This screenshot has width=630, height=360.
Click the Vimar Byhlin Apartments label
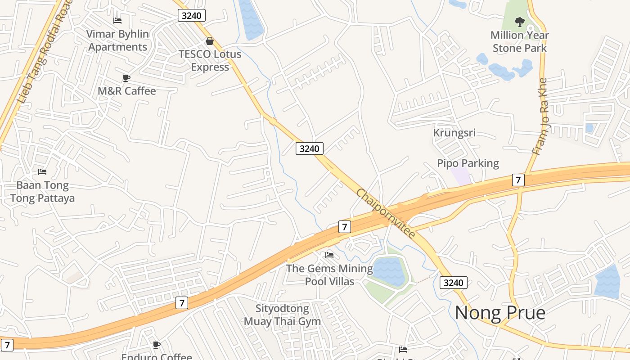[x=118, y=40]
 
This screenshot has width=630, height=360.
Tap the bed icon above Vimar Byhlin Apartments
[x=117, y=21]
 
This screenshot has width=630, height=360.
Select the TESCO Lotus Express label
[x=210, y=60]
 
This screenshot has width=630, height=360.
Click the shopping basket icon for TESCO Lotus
[x=210, y=41]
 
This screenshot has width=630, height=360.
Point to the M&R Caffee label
[x=127, y=91]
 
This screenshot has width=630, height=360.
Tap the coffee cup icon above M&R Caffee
[x=126, y=78]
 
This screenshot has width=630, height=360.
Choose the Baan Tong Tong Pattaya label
[x=42, y=192]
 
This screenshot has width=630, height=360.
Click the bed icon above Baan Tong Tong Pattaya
[x=42, y=172]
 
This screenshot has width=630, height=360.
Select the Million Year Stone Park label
[x=520, y=41]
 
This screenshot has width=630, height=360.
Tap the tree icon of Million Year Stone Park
[x=520, y=22]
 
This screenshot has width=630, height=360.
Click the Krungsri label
[x=454, y=133]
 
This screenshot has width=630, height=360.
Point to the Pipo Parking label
[x=468, y=163]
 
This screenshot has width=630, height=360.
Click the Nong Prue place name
[x=500, y=312]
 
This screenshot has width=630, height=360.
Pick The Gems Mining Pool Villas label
[x=330, y=275]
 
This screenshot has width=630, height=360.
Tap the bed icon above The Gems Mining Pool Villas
[x=329, y=255]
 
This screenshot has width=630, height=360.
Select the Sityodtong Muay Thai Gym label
[x=282, y=315]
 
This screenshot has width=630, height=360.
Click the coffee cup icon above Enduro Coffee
[x=156, y=345]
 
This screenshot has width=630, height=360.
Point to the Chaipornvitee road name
[x=386, y=213]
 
